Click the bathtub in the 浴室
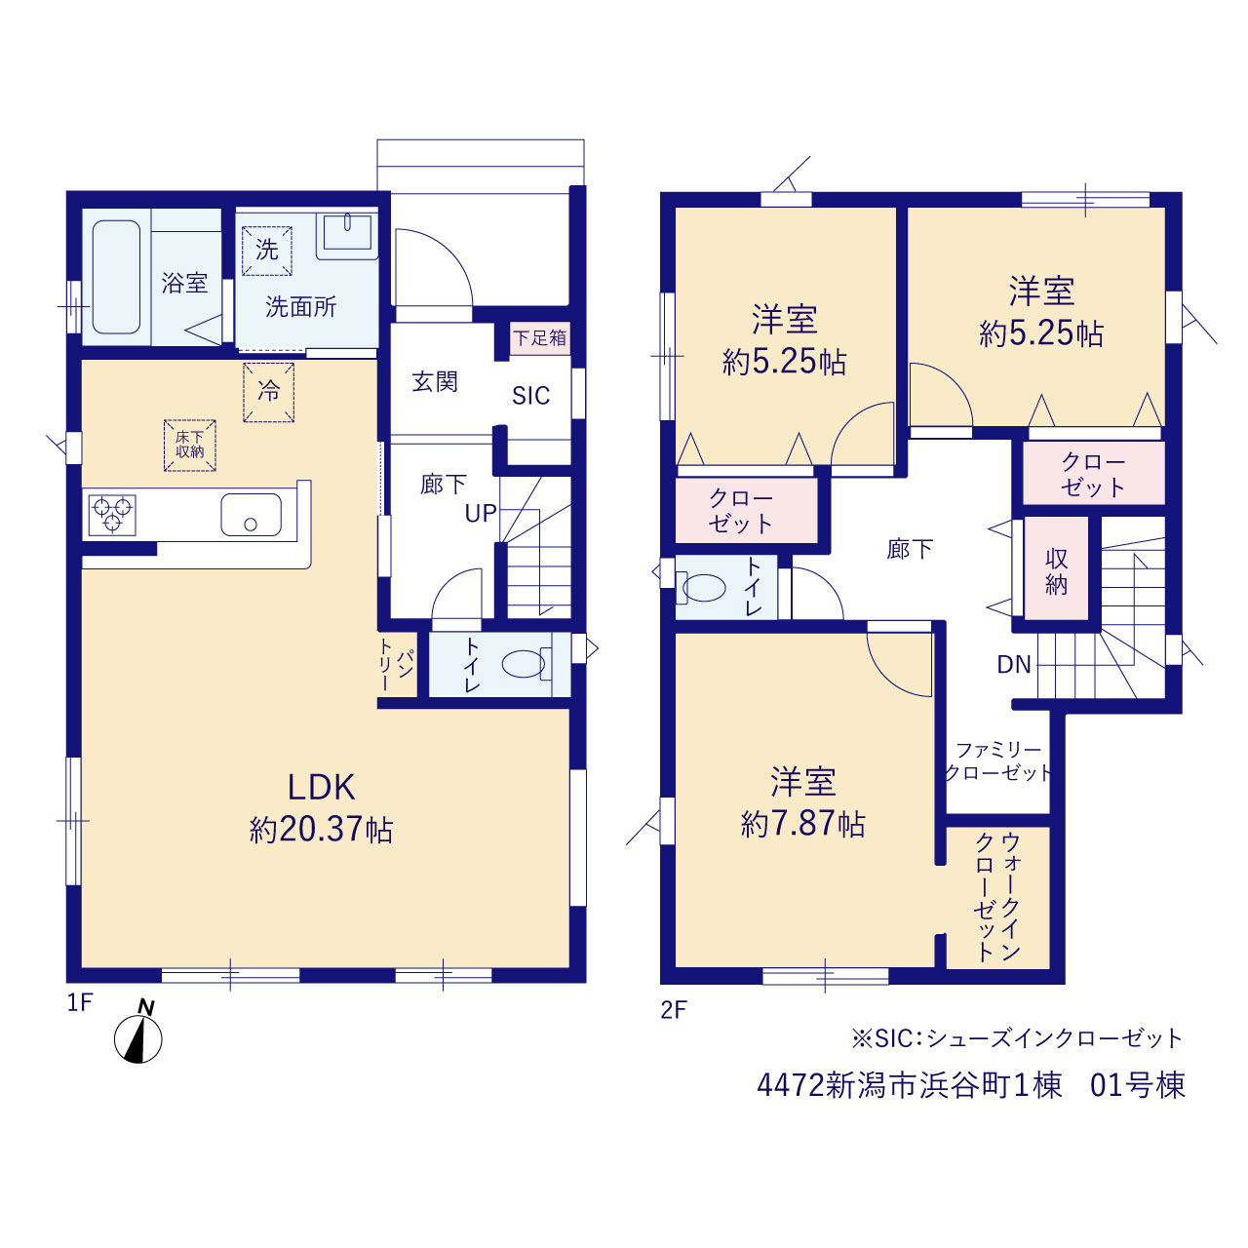click(117, 277)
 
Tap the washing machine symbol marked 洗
click(267, 251)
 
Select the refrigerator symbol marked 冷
click(269, 392)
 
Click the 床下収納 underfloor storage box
click(190, 445)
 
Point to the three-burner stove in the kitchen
click(112, 515)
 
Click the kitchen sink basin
click(252, 515)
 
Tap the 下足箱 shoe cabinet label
click(540, 337)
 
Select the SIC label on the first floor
click(531, 395)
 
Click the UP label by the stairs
click(481, 513)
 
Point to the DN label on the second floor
click(1014, 665)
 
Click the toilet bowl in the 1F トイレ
click(524, 664)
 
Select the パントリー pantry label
click(395, 665)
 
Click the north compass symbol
click(137, 1039)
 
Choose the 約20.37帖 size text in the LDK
click(321, 830)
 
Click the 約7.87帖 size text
click(803, 825)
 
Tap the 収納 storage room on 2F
click(1056, 567)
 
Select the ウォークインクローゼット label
click(997, 898)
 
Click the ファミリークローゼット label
click(998, 760)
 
